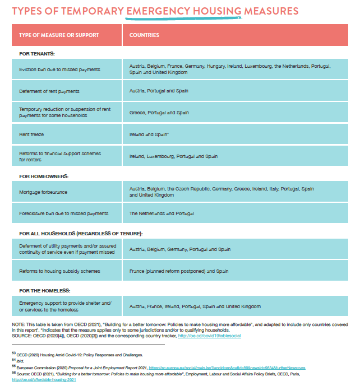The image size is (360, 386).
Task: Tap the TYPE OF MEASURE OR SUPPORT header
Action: click(x=59, y=35)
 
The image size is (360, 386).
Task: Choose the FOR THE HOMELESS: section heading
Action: click(x=45, y=290)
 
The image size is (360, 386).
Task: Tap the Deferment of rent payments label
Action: click(x=49, y=91)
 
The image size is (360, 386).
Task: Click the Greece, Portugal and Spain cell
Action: click(x=159, y=113)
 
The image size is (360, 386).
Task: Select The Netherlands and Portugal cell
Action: click(x=161, y=213)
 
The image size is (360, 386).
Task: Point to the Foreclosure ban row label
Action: click(x=63, y=213)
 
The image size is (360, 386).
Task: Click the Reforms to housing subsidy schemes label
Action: click(x=59, y=271)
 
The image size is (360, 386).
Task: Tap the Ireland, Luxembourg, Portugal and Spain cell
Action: click(x=173, y=156)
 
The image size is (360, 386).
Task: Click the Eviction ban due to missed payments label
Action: click(x=59, y=69)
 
